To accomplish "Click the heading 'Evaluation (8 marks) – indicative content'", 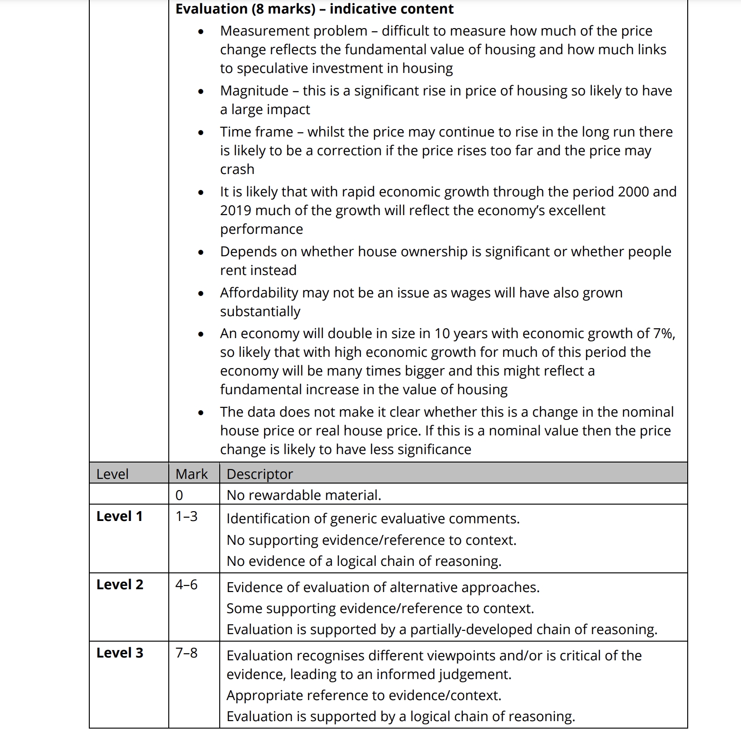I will pos(314,9).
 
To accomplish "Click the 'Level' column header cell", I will pos(112,474).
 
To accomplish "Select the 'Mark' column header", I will pos(191,474).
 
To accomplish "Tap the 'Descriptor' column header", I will pos(259,474).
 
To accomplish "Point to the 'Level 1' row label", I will pos(119,516).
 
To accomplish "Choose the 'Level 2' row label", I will pos(120,585).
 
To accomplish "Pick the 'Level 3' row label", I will pos(120,653).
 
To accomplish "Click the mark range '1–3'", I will pos(186,516).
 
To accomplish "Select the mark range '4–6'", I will pos(186,585).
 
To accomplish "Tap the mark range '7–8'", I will pos(186,653).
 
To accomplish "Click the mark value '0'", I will pos(179,495).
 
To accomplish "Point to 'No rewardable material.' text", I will pos(304,495).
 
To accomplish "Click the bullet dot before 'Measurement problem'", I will pos(201,32).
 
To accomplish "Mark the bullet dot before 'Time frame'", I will pos(201,133).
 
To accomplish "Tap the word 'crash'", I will pos(237,169).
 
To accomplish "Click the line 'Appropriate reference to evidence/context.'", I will pos(364,695).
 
